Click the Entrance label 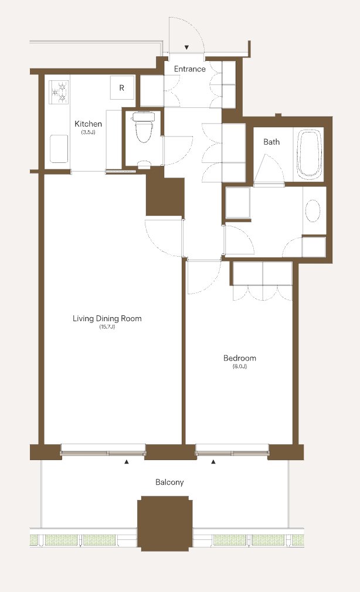[x=189, y=69]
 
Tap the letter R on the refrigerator [x=121, y=88]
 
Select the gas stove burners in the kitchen [x=59, y=93]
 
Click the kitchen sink [x=59, y=149]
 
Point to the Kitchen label [x=88, y=124]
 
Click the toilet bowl [x=143, y=127]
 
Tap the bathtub [x=310, y=154]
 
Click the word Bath [x=271, y=142]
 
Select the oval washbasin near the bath [x=313, y=210]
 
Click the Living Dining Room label [x=107, y=318]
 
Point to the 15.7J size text [x=107, y=327]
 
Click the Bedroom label [x=240, y=358]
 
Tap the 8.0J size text [x=240, y=366]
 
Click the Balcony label [x=169, y=482]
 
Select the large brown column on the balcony [x=165, y=523]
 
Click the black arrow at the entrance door [x=186, y=47]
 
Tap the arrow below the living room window [x=127, y=461]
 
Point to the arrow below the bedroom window [x=213, y=461]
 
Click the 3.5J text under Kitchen [x=88, y=132]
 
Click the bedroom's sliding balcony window [x=232, y=450]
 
